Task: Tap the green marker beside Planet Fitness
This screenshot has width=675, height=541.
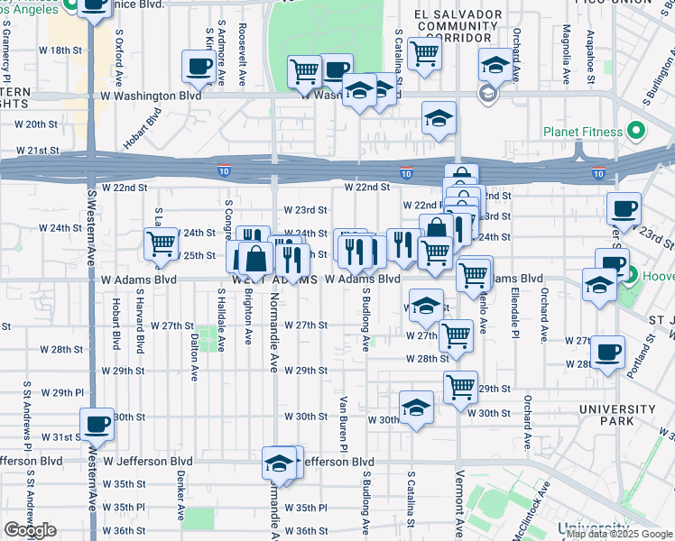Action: (x=635, y=132)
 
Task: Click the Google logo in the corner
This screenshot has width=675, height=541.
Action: (x=30, y=530)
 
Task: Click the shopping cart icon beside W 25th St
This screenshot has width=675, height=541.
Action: (x=161, y=243)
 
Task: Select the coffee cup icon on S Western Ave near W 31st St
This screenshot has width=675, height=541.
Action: (x=97, y=422)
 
